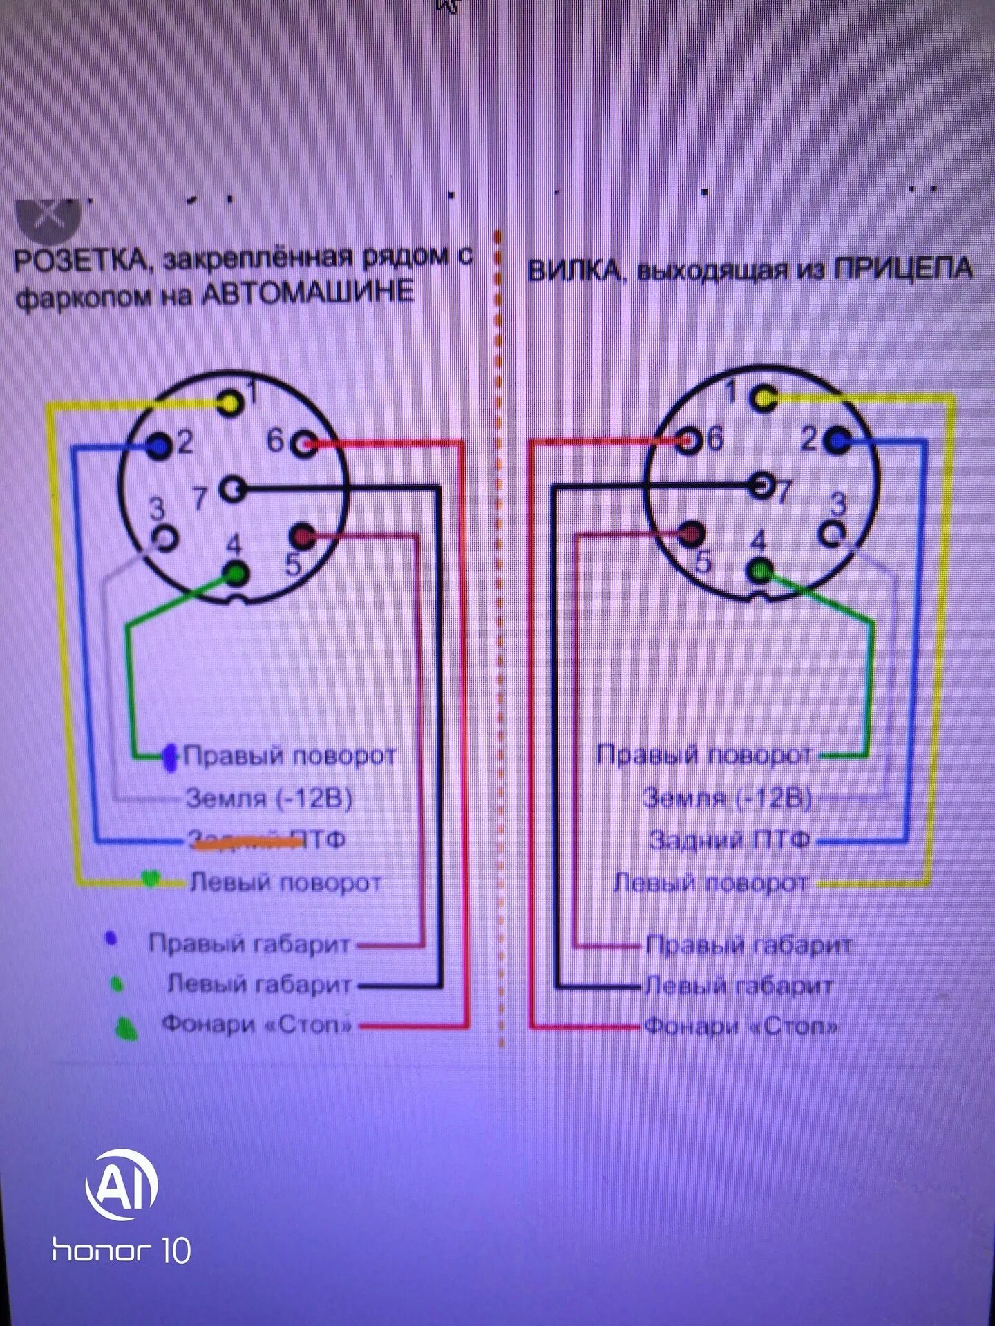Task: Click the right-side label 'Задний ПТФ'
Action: pyautogui.click(x=730, y=840)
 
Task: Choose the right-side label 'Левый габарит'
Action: pyautogui.click(x=739, y=986)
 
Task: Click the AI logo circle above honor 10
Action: pyautogui.click(x=122, y=1185)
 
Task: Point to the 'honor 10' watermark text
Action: pyautogui.click(x=122, y=1249)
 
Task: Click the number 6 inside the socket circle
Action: pyautogui.click(x=275, y=440)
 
